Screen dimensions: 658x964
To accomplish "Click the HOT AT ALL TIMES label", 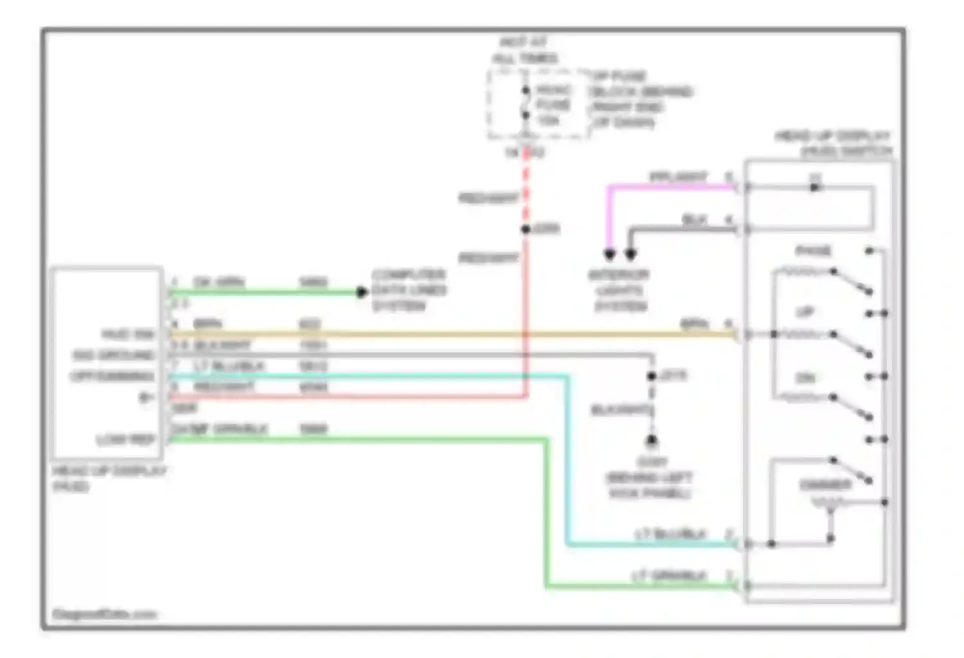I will (x=524, y=51).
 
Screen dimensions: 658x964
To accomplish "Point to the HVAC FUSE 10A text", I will (x=553, y=105).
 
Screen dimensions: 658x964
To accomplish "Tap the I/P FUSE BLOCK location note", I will (x=640, y=100).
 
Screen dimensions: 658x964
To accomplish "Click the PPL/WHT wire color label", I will (x=678, y=177).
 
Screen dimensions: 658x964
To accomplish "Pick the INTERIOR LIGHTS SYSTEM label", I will (x=620, y=290).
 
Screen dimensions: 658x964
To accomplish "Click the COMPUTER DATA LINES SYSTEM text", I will (x=409, y=290).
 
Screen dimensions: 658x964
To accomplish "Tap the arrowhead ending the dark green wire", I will (x=362, y=292).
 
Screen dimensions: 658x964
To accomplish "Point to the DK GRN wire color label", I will (x=219, y=283).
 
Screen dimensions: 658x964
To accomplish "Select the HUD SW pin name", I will (x=128, y=335).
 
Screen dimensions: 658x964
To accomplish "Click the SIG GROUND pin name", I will (x=114, y=355).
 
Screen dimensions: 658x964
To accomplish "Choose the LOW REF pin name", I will (x=125, y=440).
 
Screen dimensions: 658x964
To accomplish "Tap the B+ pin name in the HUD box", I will (x=146, y=398).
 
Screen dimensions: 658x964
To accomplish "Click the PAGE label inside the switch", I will (x=813, y=251).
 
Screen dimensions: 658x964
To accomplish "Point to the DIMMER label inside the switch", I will (x=825, y=485).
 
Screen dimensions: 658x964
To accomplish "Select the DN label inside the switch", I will (x=805, y=378).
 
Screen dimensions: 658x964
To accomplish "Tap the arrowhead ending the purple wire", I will (x=609, y=254).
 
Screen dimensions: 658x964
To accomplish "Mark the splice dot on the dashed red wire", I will (x=526, y=229).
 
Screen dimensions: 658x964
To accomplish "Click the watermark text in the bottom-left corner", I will (x=105, y=614).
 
